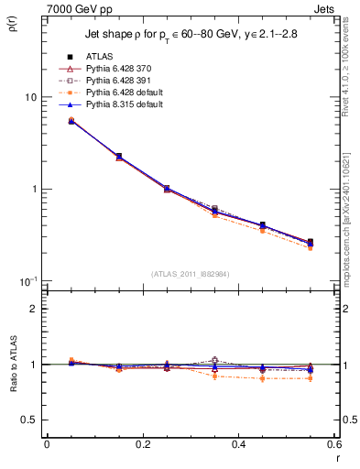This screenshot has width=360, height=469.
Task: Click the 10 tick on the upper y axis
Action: [30, 97]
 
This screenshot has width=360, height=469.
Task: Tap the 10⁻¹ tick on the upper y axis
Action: [27, 280]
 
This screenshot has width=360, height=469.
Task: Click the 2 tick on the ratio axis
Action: [33, 309]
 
